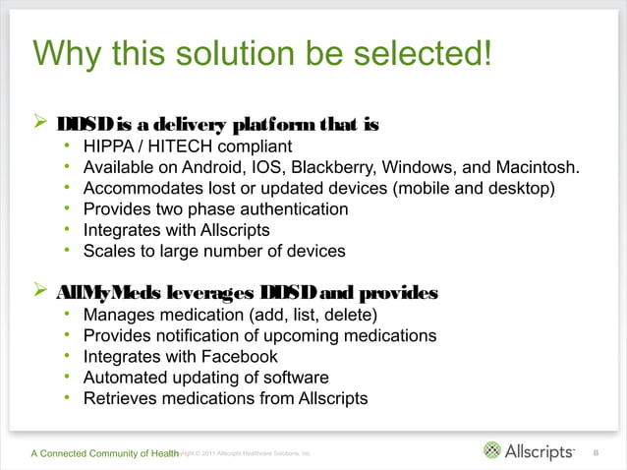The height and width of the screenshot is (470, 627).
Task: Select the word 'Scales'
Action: (110, 251)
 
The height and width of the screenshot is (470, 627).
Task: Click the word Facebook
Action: (236, 356)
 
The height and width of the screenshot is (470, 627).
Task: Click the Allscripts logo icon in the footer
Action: (492, 451)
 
